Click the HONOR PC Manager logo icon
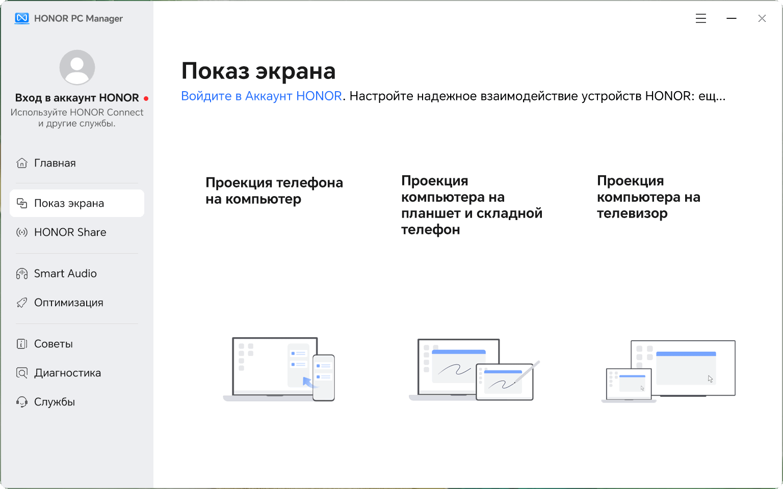tap(22, 18)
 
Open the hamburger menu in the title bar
tap(700, 18)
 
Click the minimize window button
tap(732, 18)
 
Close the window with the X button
tap(762, 18)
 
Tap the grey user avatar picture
tap(77, 67)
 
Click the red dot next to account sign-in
tap(146, 98)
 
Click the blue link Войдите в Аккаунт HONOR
tap(261, 96)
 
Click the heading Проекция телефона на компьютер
tap(274, 191)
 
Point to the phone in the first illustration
tap(323, 377)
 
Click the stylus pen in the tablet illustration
tap(527, 372)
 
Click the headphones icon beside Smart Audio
tap(22, 274)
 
